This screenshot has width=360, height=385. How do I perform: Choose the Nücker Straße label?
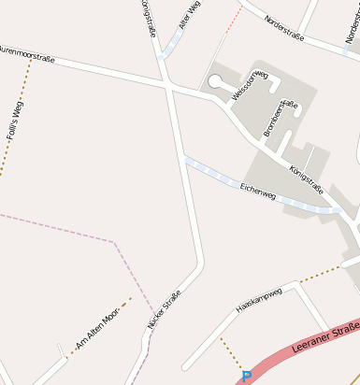point(164,309)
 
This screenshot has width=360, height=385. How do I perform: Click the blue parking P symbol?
point(247,377)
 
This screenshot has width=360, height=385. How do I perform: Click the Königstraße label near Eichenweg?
point(307,179)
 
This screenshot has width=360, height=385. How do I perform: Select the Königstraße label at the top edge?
point(149,18)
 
